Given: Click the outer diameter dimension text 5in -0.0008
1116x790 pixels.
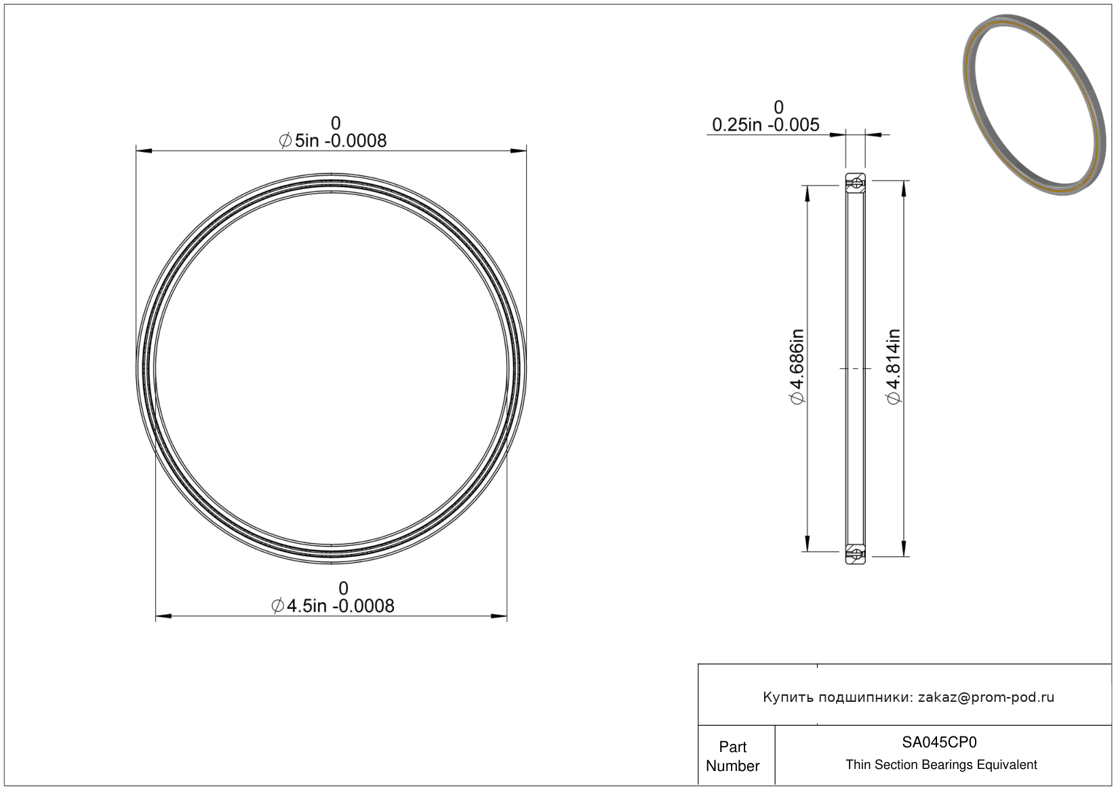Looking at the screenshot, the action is click(x=340, y=141).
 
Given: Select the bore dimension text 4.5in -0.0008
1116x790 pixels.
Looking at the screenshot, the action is click(x=340, y=606).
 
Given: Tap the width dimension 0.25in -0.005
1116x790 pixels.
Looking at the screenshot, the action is click(x=765, y=125).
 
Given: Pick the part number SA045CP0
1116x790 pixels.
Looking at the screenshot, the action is click(x=939, y=743).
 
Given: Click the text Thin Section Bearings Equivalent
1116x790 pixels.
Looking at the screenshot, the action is click(x=941, y=765).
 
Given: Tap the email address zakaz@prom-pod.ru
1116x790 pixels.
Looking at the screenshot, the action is click(x=986, y=697).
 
